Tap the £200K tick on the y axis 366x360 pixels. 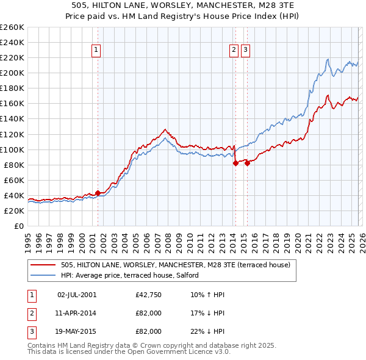(x=12, y=73)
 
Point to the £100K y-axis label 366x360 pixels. (x=12, y=149)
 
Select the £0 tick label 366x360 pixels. (x=18, y=226)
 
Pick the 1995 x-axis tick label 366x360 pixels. (x=28, y=239)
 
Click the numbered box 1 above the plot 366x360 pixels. (x=97, y=51)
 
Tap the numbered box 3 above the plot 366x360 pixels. (x=245, y=51)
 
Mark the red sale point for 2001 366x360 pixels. (x=98, y=193)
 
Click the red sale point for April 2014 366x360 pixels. (x=235, y=163)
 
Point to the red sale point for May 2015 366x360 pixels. (x=247, y=163)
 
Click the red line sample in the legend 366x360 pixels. (x=43, y=265)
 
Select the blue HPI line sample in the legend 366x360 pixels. (x=43, y=275)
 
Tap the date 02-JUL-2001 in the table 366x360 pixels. (x=76, y=295)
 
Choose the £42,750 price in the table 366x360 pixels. (x=149, y=295)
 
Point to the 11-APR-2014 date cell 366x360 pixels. (x=76, y=313)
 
